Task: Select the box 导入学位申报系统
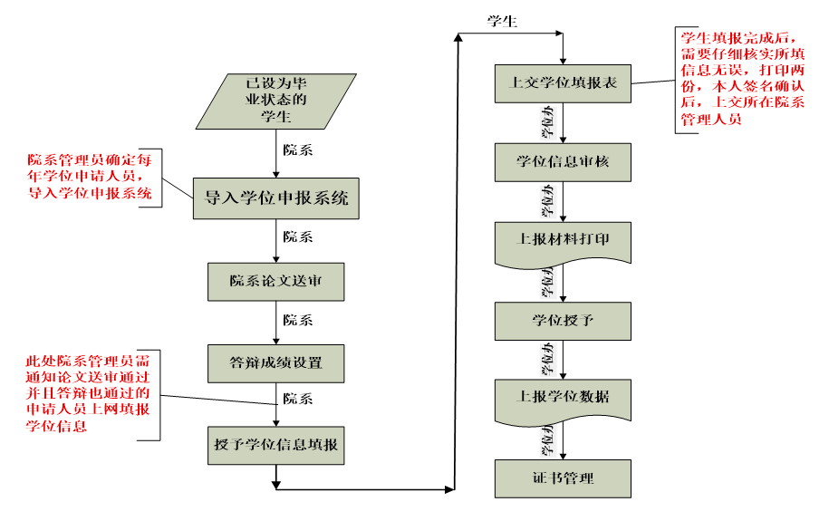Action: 275,198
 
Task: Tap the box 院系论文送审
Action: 275,281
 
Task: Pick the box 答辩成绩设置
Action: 275,362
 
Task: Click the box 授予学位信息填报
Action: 275,444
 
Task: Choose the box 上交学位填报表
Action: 563,82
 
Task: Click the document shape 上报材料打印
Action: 563,241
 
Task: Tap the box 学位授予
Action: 563,320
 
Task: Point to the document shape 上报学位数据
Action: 563,397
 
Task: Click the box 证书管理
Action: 563,478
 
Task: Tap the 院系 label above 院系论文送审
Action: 298,237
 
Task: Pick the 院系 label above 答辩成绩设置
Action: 298,320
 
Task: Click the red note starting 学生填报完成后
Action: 741,79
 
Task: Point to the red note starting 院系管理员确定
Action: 89,175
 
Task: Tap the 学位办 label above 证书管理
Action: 548,439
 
